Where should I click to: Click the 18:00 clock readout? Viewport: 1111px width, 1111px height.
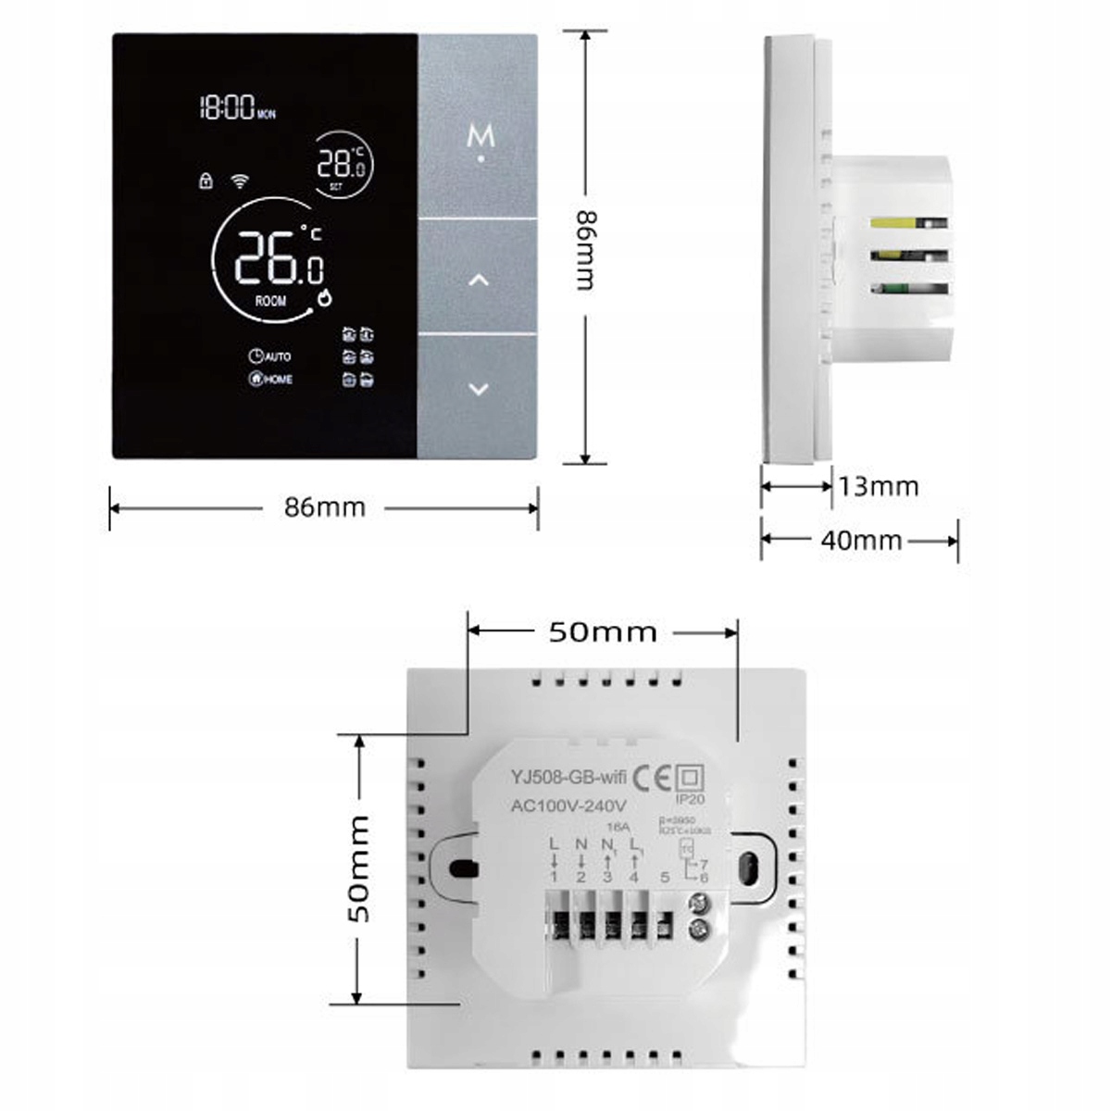(227, 108)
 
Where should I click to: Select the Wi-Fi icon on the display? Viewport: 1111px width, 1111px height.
(240, 181)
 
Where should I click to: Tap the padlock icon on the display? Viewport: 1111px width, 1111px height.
(206, 181)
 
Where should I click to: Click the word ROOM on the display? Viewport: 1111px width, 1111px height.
(270, 301)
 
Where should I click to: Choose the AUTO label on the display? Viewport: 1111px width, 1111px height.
(277, 356)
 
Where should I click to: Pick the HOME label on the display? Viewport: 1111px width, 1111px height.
(278, 379)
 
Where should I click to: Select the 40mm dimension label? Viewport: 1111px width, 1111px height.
(861, 540)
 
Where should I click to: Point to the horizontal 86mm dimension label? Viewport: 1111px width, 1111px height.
(324, 507)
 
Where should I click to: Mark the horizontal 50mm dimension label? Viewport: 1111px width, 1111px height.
(603, 632)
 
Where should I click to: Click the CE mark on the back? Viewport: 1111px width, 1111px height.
(652, 776)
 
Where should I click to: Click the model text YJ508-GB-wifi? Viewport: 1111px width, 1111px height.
(567, 778)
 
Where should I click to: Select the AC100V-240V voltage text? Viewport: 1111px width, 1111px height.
(568, 805)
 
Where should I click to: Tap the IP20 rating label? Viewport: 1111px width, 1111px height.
(690, 799)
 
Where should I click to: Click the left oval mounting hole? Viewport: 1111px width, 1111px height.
(460, 868)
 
